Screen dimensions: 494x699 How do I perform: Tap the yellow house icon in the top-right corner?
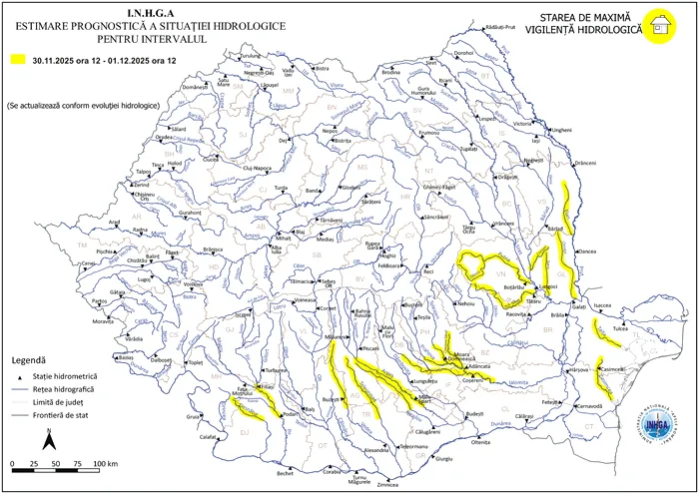pos(657,27)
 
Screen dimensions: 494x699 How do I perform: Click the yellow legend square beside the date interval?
pos(16,60)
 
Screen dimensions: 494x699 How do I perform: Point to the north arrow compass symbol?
pos(48,438)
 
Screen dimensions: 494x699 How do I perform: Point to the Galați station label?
pos(580,307)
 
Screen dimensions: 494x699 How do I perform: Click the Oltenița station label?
pos(482,442)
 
